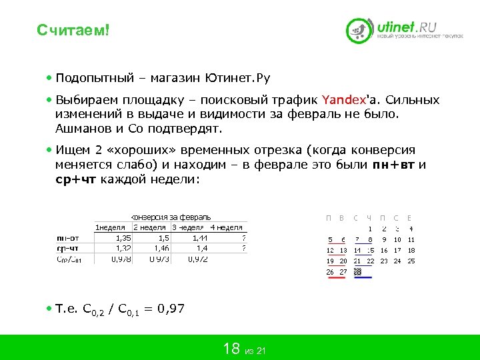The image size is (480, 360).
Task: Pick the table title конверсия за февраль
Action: (x=172, y=217)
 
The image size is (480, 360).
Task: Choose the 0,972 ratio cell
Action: (x=199, y=259)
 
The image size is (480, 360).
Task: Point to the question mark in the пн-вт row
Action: (x=244, y=237)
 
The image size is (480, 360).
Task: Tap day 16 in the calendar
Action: (x=384, y=250)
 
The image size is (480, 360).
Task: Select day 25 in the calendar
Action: (x=411, y=261)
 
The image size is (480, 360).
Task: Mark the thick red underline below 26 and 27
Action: (x=336, y=278)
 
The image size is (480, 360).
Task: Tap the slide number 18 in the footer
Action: (x=231, y=348)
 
